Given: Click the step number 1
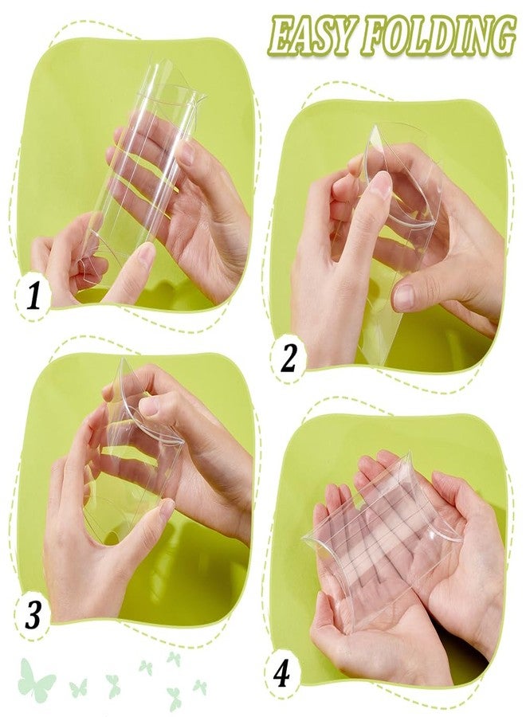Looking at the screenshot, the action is [32, 296].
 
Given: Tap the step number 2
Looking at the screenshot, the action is [288, 357].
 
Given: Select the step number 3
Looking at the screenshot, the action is [33, 615].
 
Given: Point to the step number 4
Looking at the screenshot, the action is [281, 673].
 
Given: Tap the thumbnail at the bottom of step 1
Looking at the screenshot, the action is [146, 256].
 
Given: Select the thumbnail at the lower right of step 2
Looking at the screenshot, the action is [405, 297].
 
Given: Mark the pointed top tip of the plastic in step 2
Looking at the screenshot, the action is [375, 126].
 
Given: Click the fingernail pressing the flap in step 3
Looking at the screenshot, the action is [147, 406].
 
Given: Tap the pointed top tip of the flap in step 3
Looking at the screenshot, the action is [122, 360].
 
